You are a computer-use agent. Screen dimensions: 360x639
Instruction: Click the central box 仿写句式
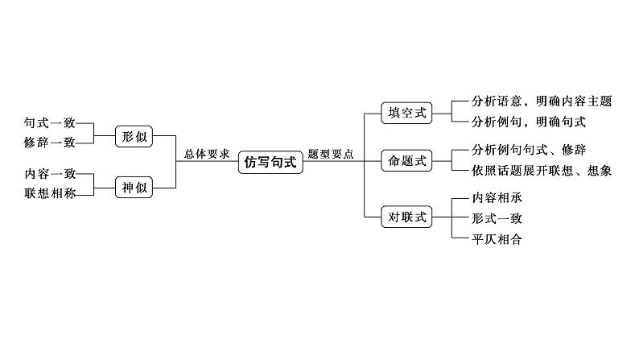click(x=270, y=162)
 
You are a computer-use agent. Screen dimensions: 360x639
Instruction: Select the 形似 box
click(x=134, y=136)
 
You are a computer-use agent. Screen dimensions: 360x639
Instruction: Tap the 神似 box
click(x=134, y=188)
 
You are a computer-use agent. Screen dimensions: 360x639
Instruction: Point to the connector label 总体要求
click(x=207, y=154)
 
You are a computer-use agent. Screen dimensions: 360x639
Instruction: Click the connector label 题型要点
click(x=330, y=154)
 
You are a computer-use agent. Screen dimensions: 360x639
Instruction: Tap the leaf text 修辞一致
click(x=51, y=143)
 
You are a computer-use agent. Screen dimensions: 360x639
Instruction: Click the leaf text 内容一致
click(x=51, y=174)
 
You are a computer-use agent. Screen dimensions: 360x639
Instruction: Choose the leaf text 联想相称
click(x=51, y=192)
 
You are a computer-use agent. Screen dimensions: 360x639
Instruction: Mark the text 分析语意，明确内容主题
click(x=542, y=102)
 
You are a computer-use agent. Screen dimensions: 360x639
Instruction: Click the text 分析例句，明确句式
click(x=530, y=122)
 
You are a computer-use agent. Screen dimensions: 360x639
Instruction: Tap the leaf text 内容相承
click(x=500, y=198)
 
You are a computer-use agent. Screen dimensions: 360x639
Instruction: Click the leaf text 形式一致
click(x=500, y=218)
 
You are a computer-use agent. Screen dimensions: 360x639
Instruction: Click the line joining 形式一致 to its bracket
click(x=461, y=217)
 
